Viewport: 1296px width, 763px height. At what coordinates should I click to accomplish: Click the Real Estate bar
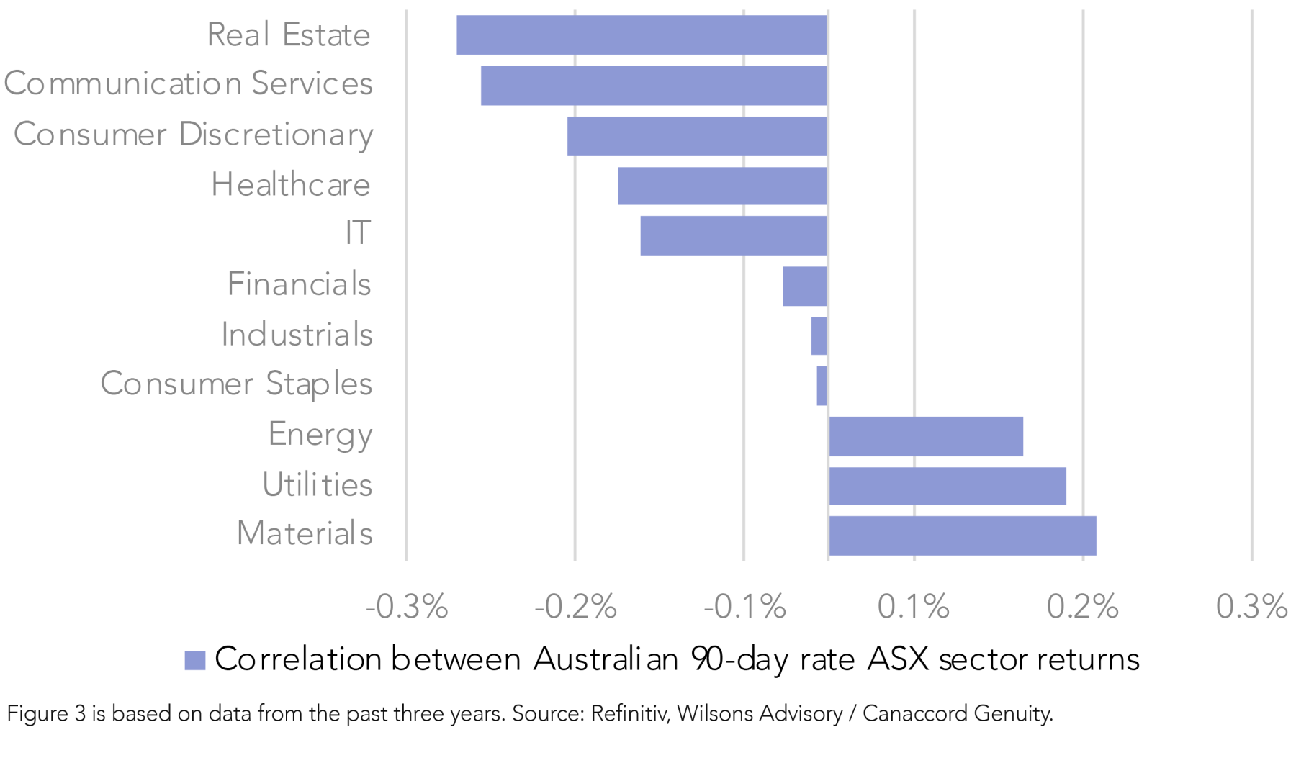[642, 35]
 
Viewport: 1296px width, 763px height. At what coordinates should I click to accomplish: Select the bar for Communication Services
[654, 86]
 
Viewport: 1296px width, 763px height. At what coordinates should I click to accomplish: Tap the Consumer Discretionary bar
[697, 136]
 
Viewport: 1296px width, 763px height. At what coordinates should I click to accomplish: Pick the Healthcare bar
[722, 186]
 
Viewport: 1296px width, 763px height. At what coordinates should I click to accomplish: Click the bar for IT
[734, 235]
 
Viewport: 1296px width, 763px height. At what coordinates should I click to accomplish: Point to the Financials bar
[805, 286]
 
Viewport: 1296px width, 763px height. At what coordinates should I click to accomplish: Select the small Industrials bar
[819, 335]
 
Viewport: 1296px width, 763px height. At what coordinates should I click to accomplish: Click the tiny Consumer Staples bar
[822, 386]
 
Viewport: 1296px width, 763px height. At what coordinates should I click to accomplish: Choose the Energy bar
[926, 436]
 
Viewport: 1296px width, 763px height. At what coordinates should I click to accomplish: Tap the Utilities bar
[948, 486]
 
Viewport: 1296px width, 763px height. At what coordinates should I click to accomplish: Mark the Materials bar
[963, 536]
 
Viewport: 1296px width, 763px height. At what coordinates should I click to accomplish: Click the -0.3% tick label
[407, 607]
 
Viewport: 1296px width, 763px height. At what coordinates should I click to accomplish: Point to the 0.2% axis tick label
[1083, 607]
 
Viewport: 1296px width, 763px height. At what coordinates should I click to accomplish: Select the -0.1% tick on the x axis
[744, 607]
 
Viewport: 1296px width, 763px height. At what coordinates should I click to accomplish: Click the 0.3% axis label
[1251, 607]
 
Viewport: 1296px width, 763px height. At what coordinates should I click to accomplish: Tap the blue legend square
[195, 660]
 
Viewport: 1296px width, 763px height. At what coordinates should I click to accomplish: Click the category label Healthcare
[291, 185]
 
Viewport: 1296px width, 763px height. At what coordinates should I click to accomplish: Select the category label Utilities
[318, 484]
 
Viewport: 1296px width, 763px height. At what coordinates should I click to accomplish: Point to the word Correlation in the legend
[297, 659]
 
